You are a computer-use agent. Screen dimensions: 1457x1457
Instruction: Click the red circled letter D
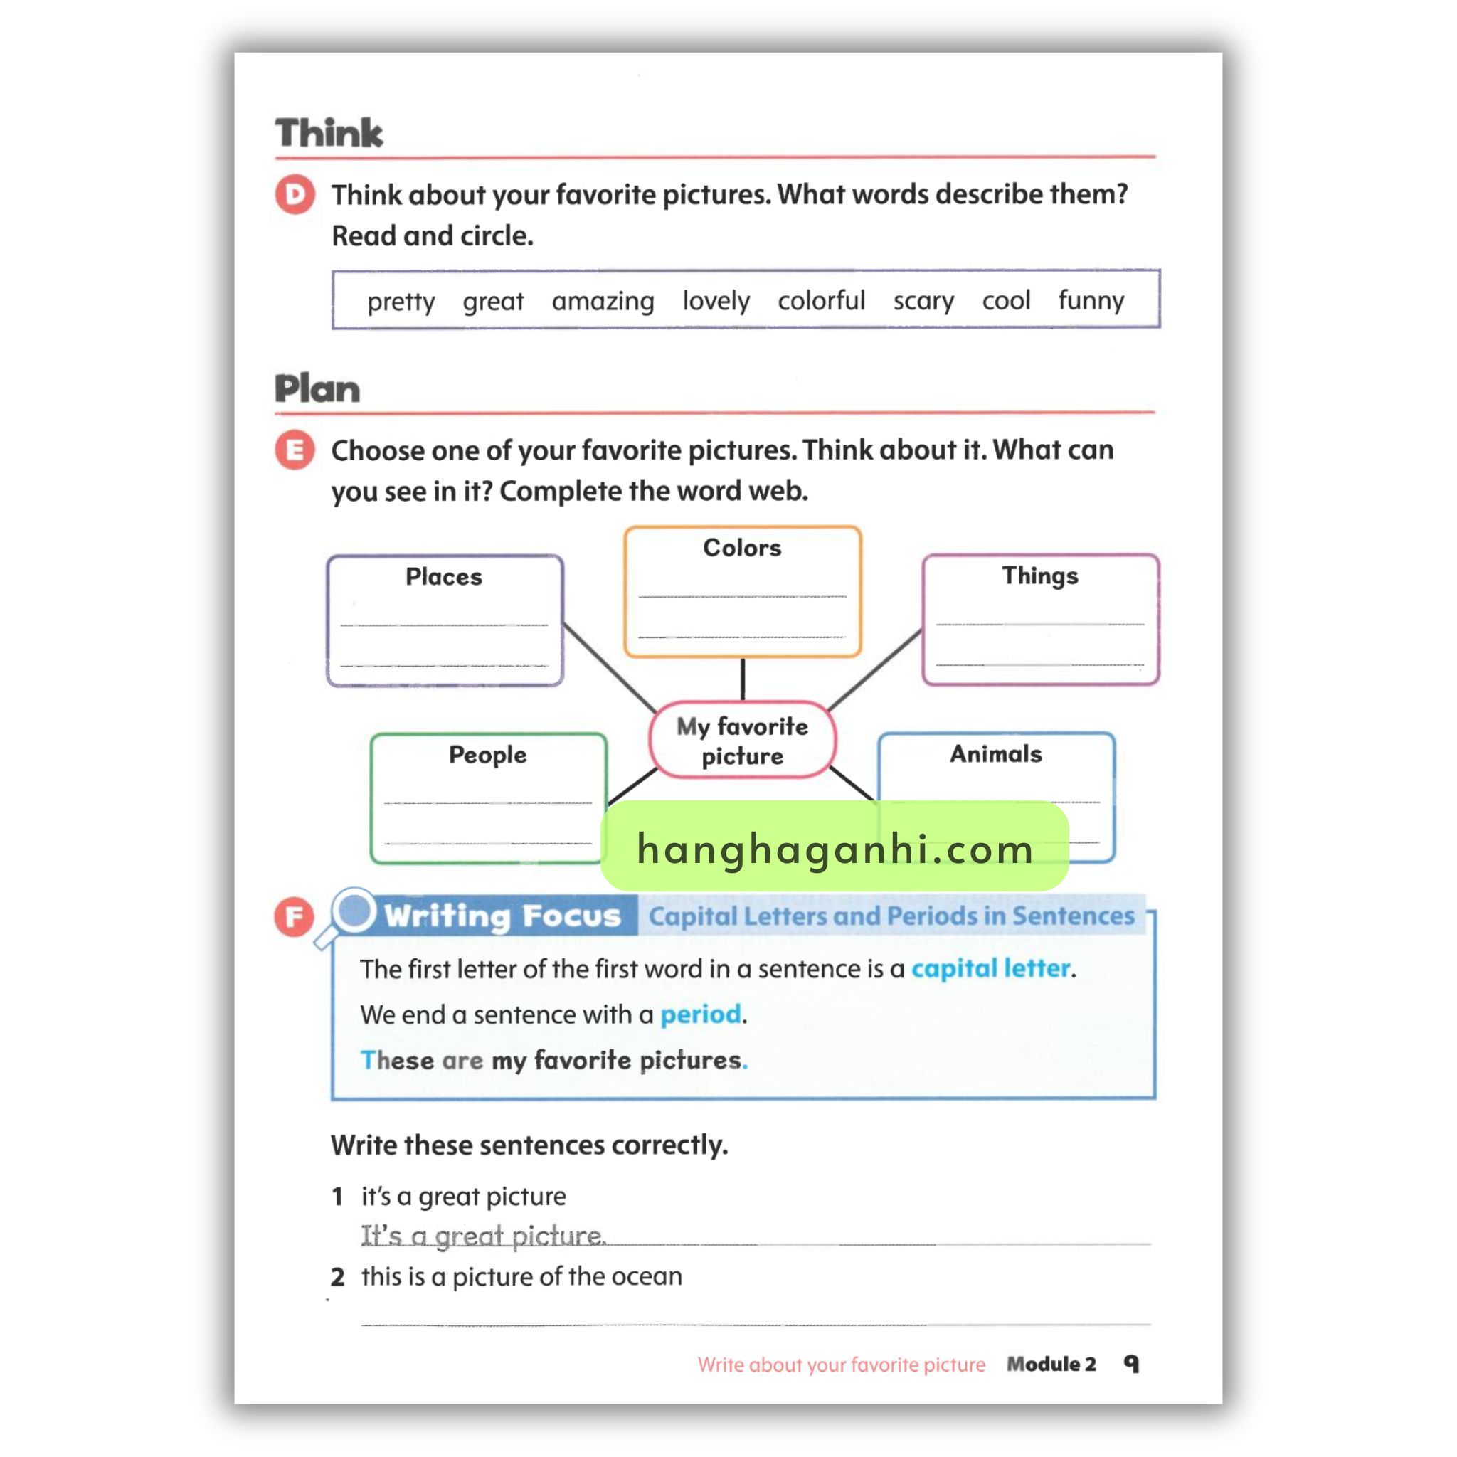[x=295, y=194]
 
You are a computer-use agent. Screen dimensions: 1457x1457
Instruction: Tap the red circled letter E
[x=295, y=450]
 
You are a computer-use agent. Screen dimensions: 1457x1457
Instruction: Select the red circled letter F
[x=294, y=916]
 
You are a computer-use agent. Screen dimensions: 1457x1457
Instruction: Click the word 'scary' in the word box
[x=923, y=301]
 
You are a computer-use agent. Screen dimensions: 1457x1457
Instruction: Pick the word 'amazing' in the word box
[x=603, y=301]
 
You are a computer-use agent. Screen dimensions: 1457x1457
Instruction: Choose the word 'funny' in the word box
[x=1091, y=300]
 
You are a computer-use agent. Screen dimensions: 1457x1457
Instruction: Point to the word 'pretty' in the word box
[x=401, y=302]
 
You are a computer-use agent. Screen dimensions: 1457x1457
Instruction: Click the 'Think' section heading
[x=329, y=133]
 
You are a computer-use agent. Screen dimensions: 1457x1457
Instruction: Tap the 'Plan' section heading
[x=317, y=389]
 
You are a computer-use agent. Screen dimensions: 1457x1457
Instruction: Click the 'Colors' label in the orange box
[x=742, y=548]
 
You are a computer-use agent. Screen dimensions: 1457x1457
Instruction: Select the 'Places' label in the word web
[x=443, y=576]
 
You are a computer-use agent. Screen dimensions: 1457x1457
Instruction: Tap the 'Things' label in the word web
[x=1039, y=576]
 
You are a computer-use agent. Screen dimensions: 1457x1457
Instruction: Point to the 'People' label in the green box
[x=487, y=754]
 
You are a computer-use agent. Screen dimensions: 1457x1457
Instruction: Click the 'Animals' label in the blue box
[x=995, y=753]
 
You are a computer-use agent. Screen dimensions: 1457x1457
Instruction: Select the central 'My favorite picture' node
[x=742, y=741]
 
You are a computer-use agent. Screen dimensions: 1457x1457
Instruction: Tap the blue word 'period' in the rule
[x=701, y=1014]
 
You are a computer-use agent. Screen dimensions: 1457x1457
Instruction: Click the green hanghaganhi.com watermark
[x=834, y=846]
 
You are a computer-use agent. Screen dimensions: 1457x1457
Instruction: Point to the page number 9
[x=1131, y=1364]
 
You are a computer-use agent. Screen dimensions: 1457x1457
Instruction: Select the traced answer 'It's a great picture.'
[x=482, y=1236]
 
